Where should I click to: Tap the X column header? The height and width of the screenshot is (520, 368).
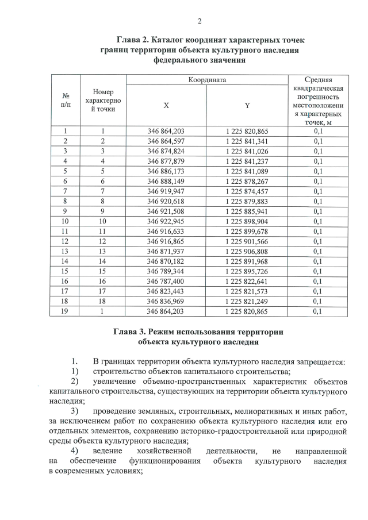[166, 106]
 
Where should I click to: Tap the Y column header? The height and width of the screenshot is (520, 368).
[247, 106]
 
